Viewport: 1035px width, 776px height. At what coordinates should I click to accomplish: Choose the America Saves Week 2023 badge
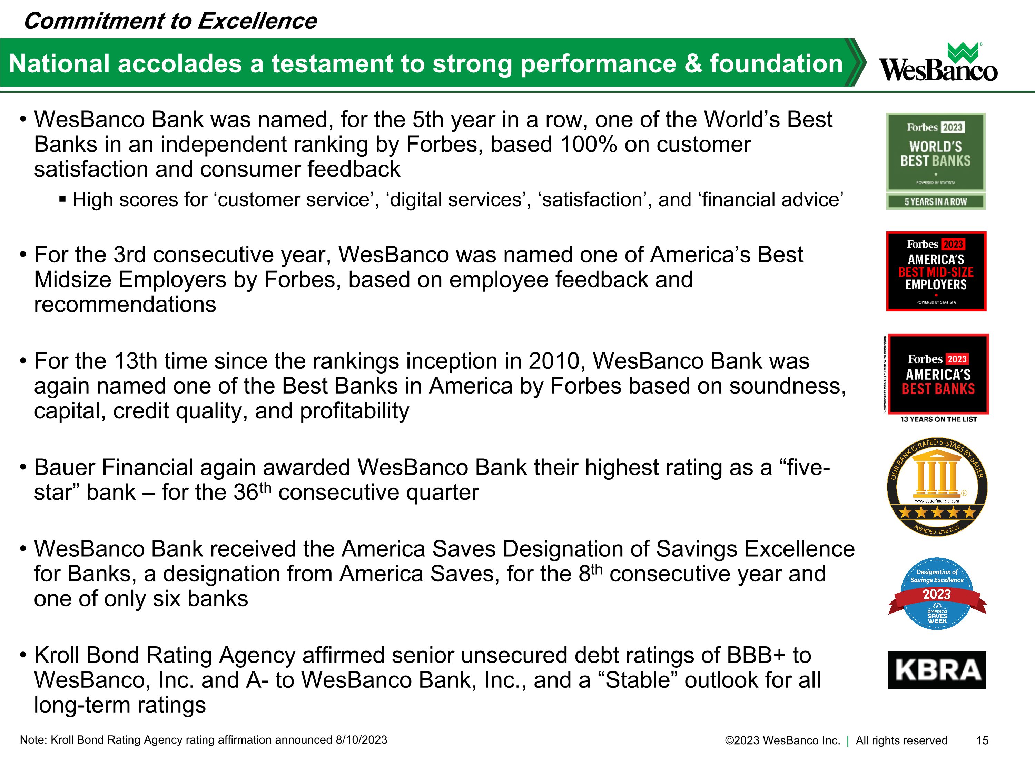click(937, 594)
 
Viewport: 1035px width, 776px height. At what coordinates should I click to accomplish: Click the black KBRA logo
click(937, 670)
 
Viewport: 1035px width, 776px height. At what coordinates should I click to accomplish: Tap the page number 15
click(982, 740)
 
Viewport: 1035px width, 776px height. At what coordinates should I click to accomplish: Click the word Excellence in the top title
click(257, 21)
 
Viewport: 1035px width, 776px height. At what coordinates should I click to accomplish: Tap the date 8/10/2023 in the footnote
click(361, 740)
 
